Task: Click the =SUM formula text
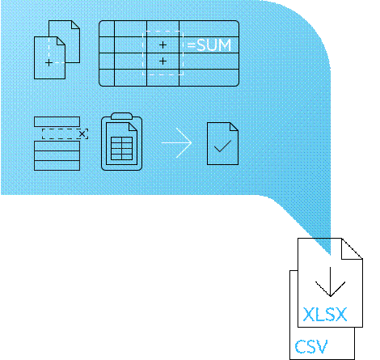point(209,45)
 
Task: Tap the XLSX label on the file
point(325,315)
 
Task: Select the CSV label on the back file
point(311,346)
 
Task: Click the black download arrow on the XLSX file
point(330,282)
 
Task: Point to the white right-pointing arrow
point(177,143)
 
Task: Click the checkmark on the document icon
point(222,146)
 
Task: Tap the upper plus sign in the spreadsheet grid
point(163,44)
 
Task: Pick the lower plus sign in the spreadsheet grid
point(163,61)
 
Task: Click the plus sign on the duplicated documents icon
point(49,63)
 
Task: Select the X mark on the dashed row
point(82,133)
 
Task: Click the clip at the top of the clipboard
point(121,116)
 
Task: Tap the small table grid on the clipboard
point(121,148)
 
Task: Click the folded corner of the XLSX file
point(352,248)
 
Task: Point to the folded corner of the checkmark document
point(234,127)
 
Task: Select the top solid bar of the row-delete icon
point(57,121)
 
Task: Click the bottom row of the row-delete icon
point(57,165)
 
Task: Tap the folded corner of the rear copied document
point(75,25)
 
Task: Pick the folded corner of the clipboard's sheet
point(133,127)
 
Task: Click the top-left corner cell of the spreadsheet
point(107,28)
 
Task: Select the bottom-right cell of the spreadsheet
point(209,78)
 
